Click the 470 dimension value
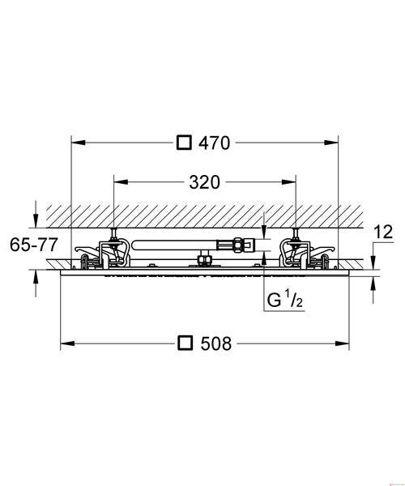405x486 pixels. point(215,143)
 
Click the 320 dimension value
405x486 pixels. point(204,182)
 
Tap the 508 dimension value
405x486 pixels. point(216,343)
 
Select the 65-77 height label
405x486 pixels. point(34,245)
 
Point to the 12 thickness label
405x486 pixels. point(383,232)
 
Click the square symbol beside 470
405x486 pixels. point(184,143)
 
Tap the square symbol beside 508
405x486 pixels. point(185,343)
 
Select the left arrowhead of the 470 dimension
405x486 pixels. point(79,143)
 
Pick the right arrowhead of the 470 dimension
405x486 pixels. point(331,143)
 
